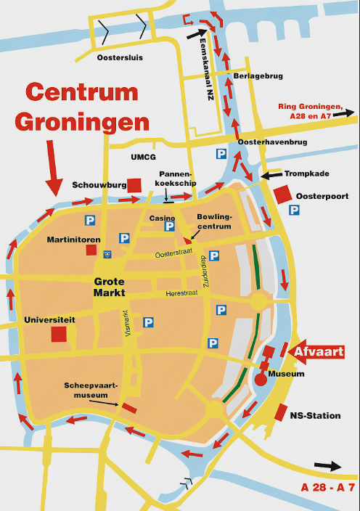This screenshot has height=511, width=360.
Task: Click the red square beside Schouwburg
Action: (x=134, y=185)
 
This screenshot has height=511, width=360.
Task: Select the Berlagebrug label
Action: (x=258, y=75)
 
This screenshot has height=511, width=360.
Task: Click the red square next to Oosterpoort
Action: (x=282, y=194)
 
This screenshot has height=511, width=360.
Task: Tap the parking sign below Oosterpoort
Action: (x=295, y=210)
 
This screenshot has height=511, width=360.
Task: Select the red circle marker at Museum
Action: (x=261, y=379)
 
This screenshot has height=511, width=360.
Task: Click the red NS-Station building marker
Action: (x=281, y=412)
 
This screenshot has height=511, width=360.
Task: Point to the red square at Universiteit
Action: (x=59, y=335)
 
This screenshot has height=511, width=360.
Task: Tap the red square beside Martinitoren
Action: (x=91, y=250)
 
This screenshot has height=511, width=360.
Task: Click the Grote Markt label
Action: (x=109, y=287)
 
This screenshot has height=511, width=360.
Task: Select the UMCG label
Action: (x=143, y=156)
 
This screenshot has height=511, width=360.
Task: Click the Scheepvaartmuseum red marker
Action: (x=129, y=407)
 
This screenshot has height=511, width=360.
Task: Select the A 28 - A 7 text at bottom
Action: (x=327, y=486)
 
